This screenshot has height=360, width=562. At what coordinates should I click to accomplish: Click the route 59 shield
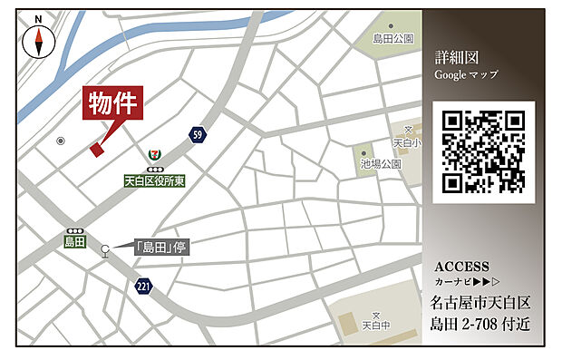coord(197,135)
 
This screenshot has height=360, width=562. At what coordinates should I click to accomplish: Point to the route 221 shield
coord(143,287)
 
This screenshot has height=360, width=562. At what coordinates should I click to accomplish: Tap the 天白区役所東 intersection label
coord(155,181)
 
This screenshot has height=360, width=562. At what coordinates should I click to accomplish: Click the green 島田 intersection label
coord(73,242)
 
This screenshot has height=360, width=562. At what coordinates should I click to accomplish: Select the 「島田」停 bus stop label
coord(160,246)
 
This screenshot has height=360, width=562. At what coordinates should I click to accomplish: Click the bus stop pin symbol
coord(106,250)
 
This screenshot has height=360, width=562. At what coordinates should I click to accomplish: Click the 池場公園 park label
coord(380,164)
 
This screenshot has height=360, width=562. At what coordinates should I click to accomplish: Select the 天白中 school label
coord(375,324)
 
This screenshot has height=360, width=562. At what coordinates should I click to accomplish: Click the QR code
coord(483,151)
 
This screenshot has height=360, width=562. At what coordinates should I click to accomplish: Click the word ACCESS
coord(462,267)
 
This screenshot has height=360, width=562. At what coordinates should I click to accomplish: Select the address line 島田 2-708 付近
coord(480,324)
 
